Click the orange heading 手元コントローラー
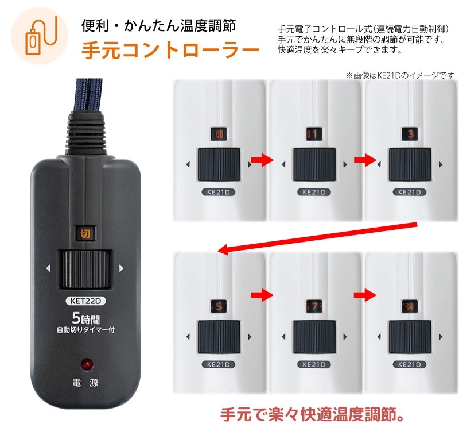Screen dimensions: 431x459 click(x=169, y=51)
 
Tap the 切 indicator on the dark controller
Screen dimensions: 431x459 click(x=84, y=234)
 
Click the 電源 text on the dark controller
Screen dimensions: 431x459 click(x=85, y=383)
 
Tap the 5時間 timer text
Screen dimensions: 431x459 click(x=84, y=317)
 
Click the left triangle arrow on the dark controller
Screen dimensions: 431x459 click(x=49, y=268)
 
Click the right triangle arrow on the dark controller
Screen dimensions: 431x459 click(x=121, y=268)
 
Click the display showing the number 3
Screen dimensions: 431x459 click(x=410, y=134)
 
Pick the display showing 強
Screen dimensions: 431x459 click(x=410, y=306)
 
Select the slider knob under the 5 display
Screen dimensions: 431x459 click(x=219, y=337)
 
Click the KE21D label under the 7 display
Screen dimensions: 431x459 click(x=314, y=364)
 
